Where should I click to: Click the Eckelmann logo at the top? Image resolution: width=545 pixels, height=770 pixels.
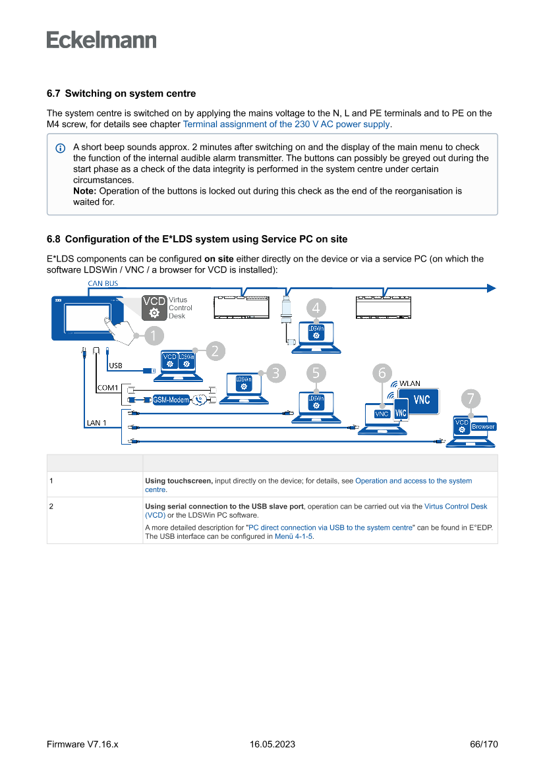[101, 40]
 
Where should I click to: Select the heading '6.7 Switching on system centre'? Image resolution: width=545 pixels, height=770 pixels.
[121, 94]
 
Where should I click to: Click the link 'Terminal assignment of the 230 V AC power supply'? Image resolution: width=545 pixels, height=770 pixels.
[287, 124]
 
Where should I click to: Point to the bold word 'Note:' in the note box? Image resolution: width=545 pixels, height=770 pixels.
[85, 191]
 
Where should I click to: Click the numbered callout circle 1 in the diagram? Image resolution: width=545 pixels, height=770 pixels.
[153, 335]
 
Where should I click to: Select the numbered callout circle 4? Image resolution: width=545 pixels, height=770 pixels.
[317, 308]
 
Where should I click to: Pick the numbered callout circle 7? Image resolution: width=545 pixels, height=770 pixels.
[470, 399]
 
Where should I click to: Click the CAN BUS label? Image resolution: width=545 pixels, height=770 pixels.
[103, 283]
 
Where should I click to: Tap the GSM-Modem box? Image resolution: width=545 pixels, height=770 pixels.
[171, 400]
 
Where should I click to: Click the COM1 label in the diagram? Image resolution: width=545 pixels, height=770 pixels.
[107, 388]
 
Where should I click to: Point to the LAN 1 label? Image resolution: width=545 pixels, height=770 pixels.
[96, 422]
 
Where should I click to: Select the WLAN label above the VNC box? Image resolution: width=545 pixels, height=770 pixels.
[409, 383]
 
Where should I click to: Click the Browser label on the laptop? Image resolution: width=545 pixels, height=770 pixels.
[483, 427]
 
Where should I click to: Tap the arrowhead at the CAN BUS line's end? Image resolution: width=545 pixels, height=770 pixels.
[491, 288]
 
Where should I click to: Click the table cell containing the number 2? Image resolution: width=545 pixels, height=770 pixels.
[51, 507]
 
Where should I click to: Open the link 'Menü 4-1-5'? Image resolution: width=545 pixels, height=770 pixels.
[293, 536]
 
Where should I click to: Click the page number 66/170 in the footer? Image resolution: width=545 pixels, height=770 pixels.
[484, 744]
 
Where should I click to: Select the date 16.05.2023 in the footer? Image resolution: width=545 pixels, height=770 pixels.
[272, 744]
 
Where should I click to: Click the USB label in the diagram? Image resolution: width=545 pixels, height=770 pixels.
[115, 365]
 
